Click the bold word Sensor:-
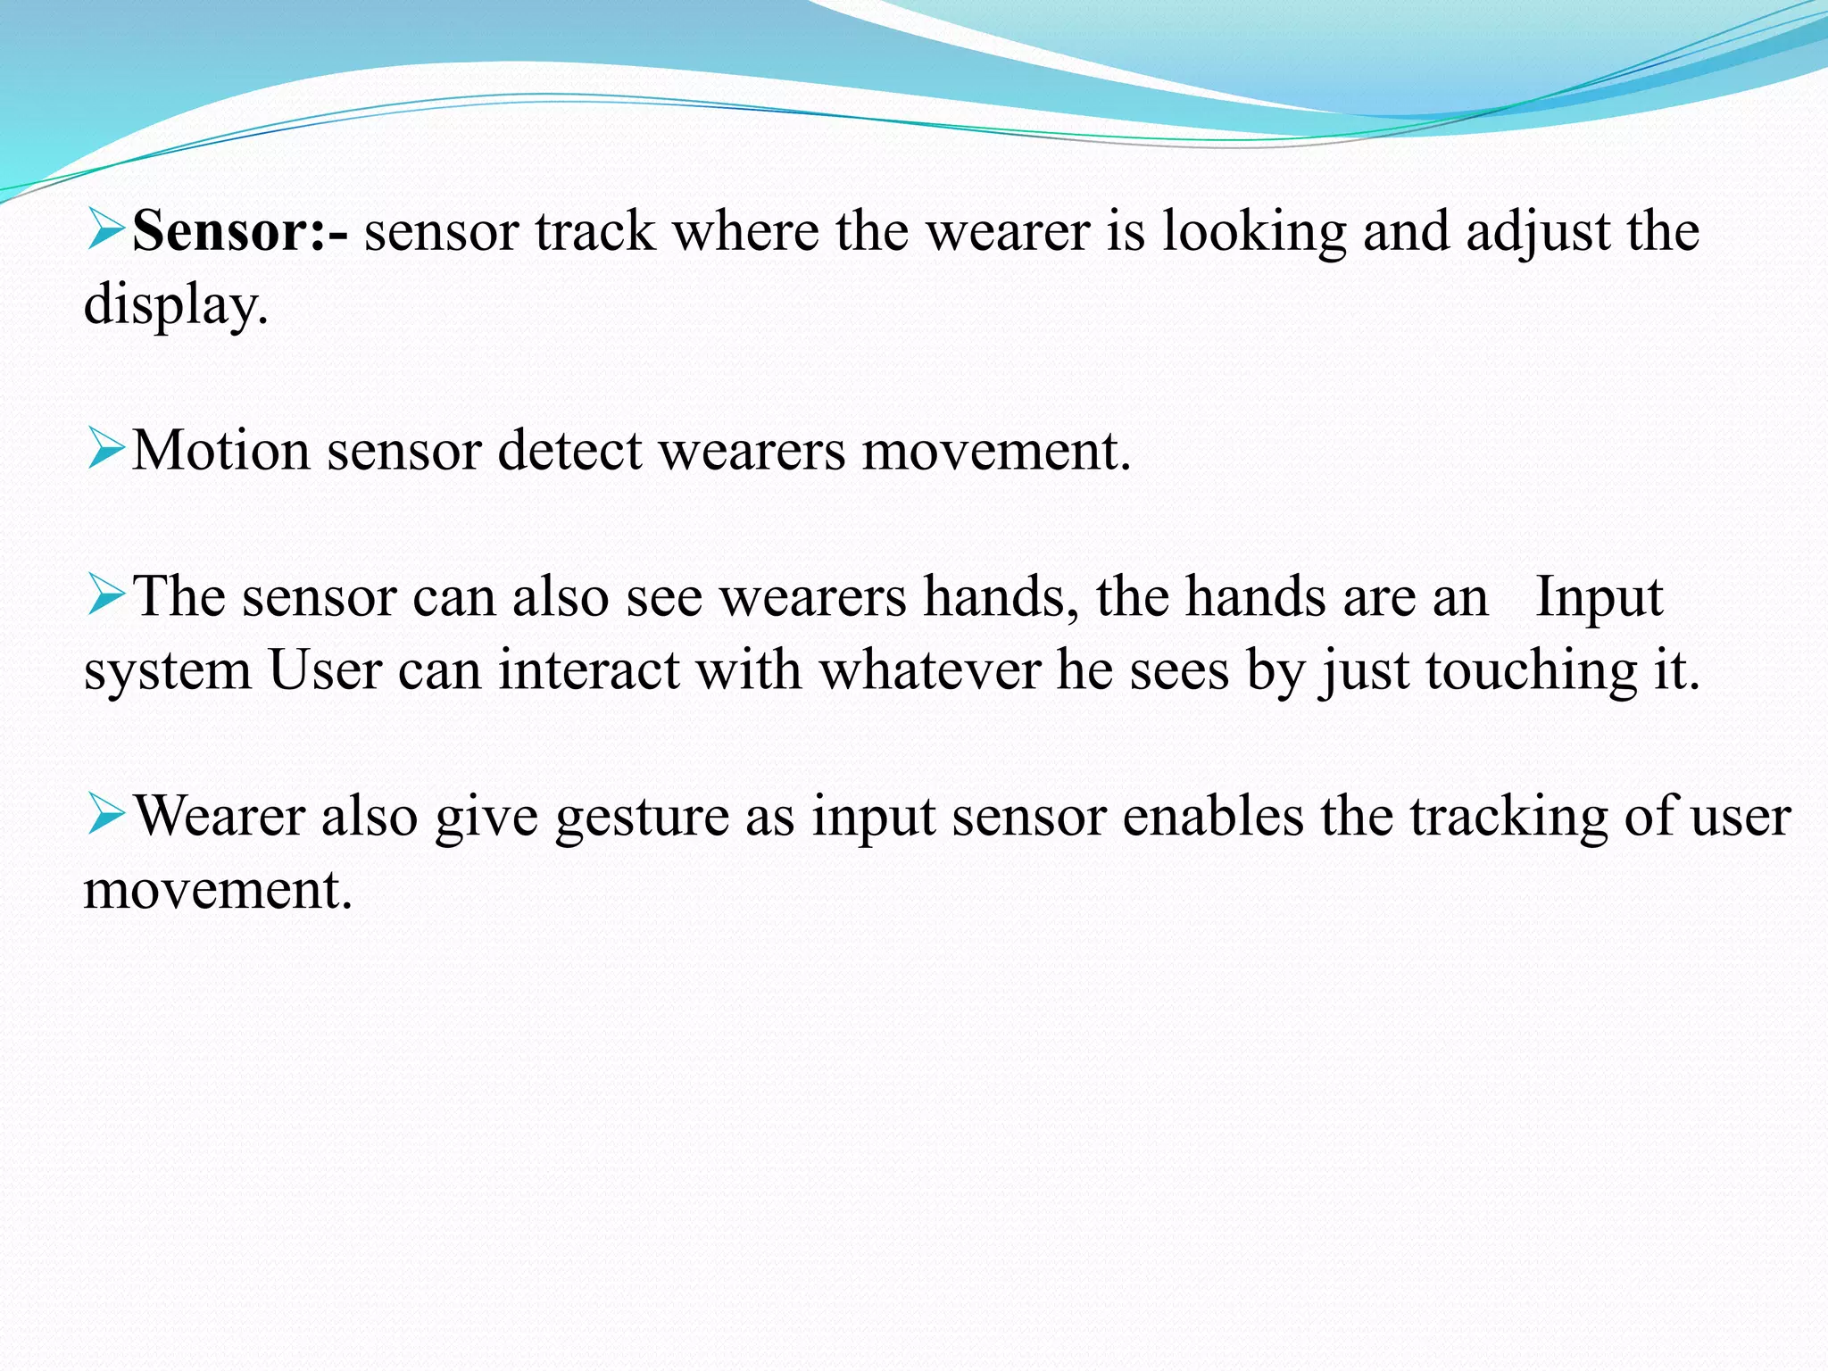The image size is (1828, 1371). pyautogui.click(x=239, y=231)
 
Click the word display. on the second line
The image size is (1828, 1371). pyautogui.click(x=176, y=305)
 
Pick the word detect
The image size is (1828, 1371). pyautogui.click(x=569, y=450)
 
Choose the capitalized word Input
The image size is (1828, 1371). pyautogui.click(x=1599, y=597)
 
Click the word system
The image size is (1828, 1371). pyautogui.click(x=168, y=671)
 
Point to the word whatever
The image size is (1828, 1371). pyautogui.click(x=929, y=669)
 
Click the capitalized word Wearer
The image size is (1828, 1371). pyautogui.click(x=219, y=816)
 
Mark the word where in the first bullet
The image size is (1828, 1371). pyautogui.click(x=745, y=231)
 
